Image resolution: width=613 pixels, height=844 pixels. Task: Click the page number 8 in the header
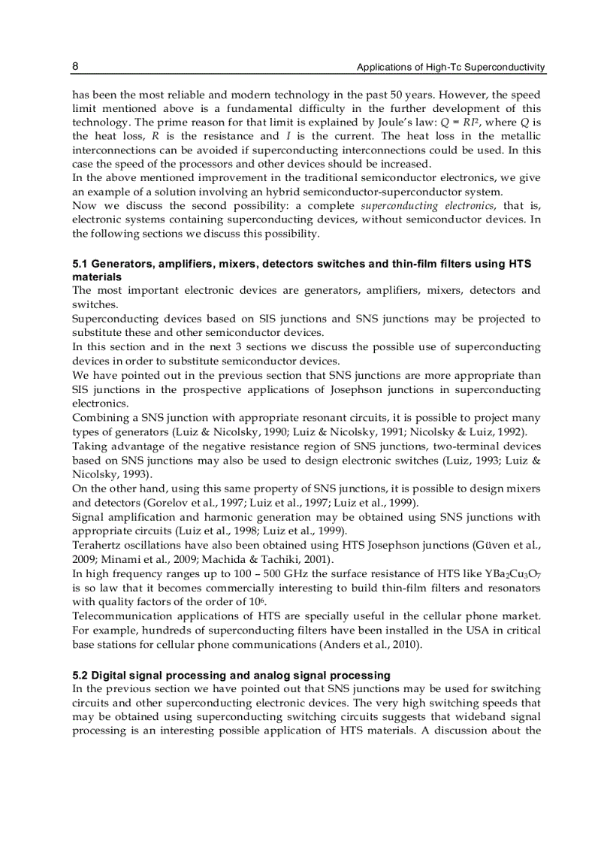(x=76, y=66)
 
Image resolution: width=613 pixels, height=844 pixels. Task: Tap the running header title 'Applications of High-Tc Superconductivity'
(x=451, y=68)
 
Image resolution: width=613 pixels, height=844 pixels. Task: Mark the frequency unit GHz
(x=287, y=573)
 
